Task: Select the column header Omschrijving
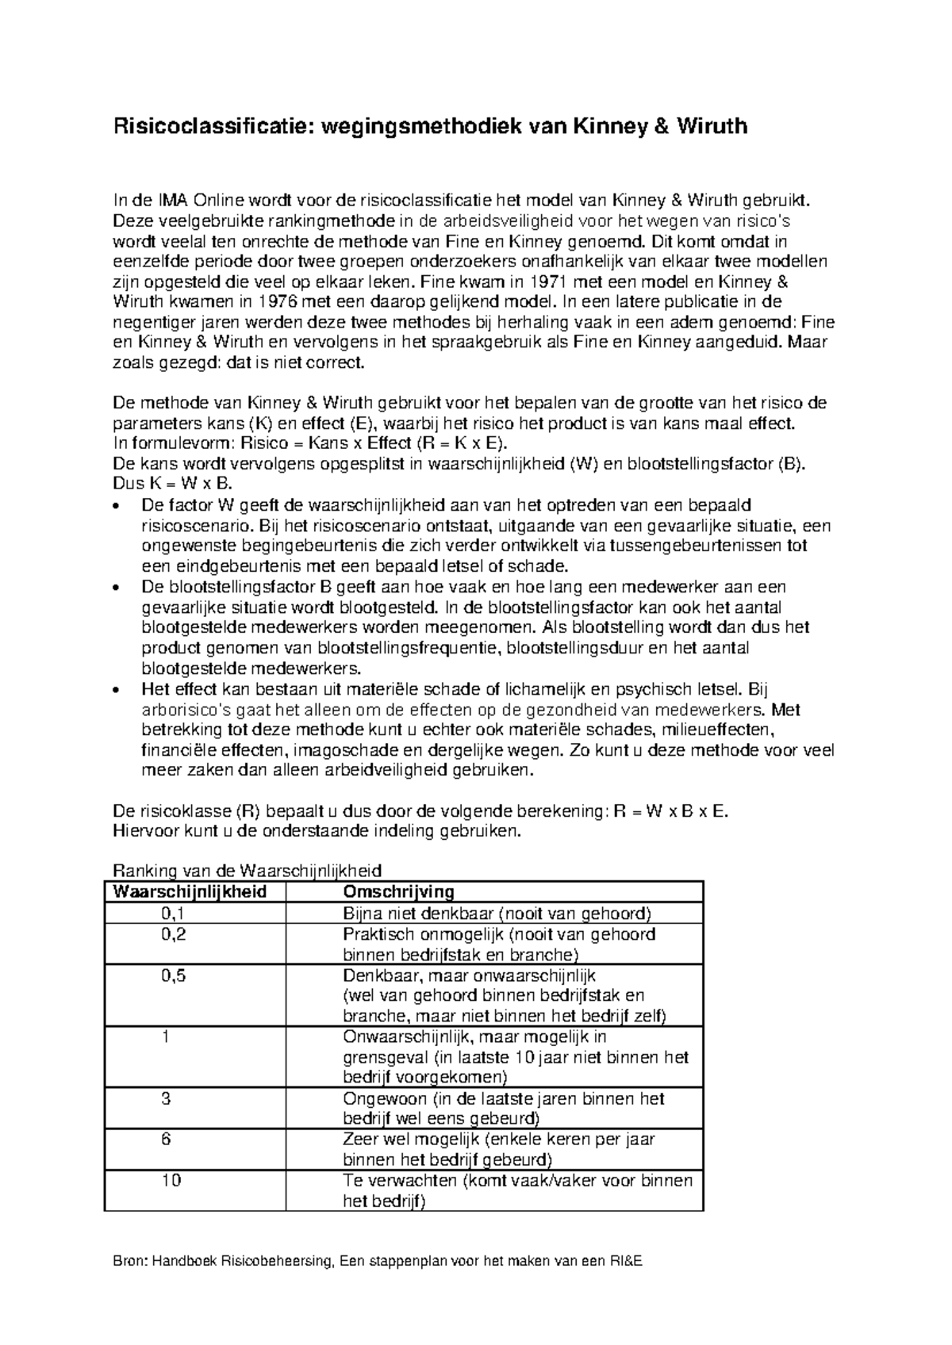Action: tap(397, 891)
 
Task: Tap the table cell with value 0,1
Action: tap(173, 913)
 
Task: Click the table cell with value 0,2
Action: tap(173, 933)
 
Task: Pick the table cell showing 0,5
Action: tap(173, 975)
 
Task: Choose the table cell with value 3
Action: tap(166, 1098)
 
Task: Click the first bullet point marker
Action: tap(117, 506)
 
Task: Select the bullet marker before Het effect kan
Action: tap(117, 690)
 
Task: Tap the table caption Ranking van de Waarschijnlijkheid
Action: tap(248, 870)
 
